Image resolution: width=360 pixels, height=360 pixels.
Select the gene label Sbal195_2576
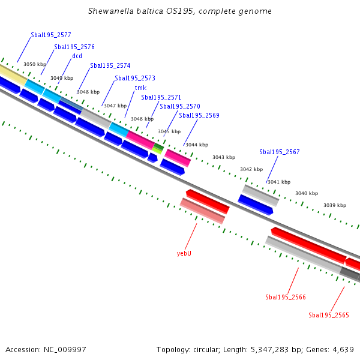point(74,47)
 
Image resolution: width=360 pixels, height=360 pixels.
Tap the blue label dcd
point(77,56)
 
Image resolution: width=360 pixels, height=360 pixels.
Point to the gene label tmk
point(140,88)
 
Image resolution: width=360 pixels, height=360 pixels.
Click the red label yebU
point(184,253)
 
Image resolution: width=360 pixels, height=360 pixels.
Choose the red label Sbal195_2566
point(286,297)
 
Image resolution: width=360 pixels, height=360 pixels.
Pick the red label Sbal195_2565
point(329,315)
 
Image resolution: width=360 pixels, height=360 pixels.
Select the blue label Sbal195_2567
point(280,152)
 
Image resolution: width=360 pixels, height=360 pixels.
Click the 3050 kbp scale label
point(35,64)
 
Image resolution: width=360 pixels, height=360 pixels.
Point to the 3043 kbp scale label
point(223,157)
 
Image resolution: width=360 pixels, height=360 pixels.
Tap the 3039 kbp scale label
point(335,205)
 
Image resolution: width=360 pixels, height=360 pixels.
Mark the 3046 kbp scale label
point(142,119)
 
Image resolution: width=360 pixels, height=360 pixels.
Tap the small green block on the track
point(158,148)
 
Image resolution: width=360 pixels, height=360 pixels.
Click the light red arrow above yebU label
point(202,211)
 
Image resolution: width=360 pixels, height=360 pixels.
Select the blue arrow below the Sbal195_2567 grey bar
point(256,203)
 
